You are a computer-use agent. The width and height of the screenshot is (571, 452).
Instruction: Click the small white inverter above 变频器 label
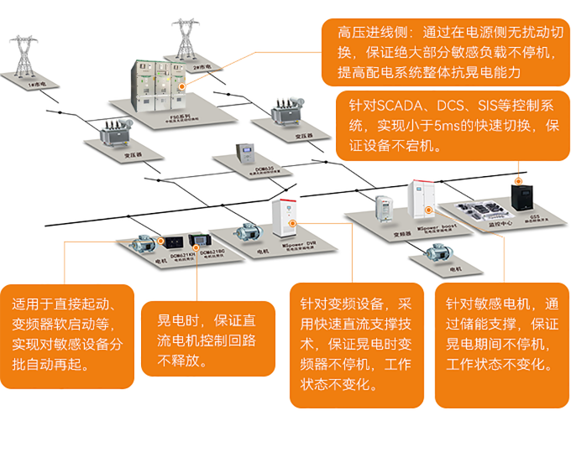(384, 209)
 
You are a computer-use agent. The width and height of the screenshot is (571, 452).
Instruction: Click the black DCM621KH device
(182, 242)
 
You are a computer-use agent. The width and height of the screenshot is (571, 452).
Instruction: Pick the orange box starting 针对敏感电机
(501, 334)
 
